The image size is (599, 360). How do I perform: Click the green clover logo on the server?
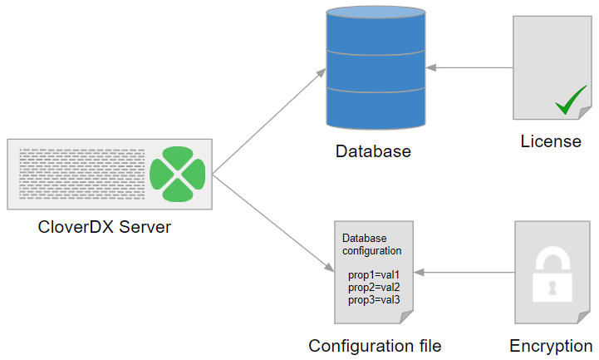tap(176, 174)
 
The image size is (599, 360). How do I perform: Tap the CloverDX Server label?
tap(105, 226)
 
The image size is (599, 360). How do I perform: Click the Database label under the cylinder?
tap(373, 152)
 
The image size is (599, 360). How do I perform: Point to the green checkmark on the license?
tap(572, 102)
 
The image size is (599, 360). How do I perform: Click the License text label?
tap(551, 141)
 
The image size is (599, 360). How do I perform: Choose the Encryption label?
tap(551, 346)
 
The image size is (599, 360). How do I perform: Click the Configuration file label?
tap(375, 346)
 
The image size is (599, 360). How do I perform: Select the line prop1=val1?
tap(374, 274)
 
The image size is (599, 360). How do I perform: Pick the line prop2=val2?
tap(374, 287)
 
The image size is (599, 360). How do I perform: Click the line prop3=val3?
tap(374, 299)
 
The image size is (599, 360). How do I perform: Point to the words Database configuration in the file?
tap(372, 244)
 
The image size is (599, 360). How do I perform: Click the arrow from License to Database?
tap(469, 67)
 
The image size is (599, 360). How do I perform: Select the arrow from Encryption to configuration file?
tap(465, 273)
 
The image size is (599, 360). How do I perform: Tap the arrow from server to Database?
tap(270, 121)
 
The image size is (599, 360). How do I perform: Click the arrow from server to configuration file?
tap(270, 223)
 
